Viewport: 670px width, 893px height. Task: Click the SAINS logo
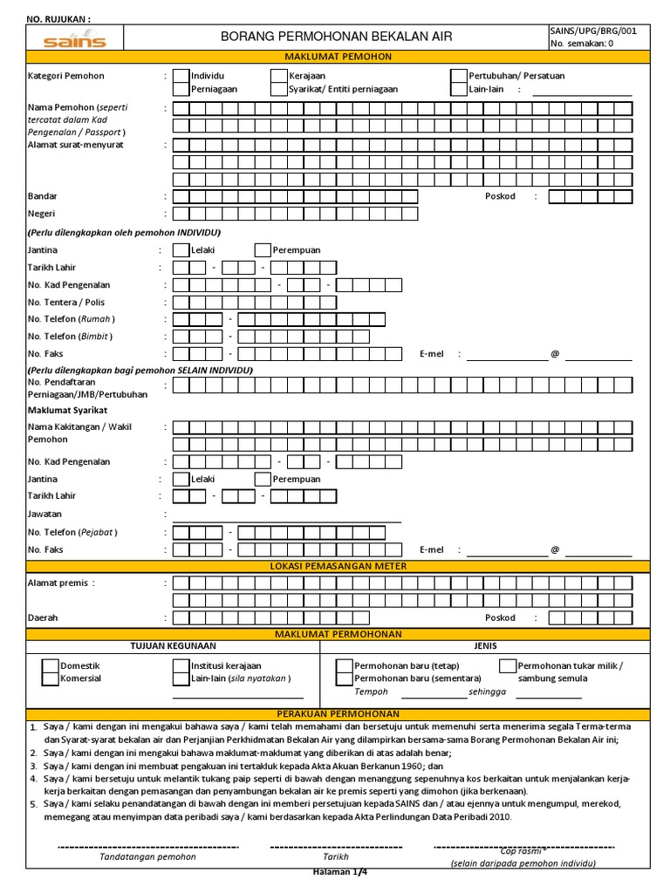click(75, 39)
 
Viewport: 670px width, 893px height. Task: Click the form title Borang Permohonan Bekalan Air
click(337, 37)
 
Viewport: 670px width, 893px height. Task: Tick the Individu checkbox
click(181, 76)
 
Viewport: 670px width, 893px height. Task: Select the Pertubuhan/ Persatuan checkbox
click(459, 76)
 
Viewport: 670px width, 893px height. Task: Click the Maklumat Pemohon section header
click(338, 57)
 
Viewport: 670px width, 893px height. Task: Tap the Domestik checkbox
click(51, 666)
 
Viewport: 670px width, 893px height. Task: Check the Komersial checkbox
click(51, 678)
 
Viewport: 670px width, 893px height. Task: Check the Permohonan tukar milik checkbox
click(508, 666)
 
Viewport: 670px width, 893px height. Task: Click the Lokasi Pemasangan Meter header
click(338, 567)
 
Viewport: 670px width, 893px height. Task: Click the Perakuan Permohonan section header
click(338, 713)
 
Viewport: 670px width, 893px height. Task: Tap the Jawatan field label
click(44, 515)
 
